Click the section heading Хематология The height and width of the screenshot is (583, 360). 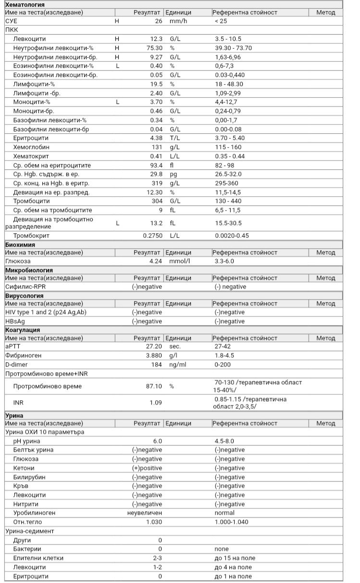pos(25,4)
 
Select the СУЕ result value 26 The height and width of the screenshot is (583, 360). pos(158,21)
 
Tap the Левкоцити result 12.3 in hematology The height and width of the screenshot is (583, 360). pos(156,39)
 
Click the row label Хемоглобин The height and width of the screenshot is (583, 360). pos(31,147)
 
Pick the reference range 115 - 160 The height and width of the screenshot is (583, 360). pos(228,147)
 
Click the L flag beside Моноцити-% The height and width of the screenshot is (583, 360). pos(117,102)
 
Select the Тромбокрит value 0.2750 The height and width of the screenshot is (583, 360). pos(152,236)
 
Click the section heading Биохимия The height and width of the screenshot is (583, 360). pos(20,245)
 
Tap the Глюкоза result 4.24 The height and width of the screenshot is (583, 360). pos(155,261)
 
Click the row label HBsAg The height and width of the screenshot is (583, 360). pos(16,321)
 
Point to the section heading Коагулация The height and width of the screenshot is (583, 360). pos(22,330)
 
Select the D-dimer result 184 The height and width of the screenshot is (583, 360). pos(156,364)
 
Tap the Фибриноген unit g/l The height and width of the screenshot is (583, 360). pos(174,355)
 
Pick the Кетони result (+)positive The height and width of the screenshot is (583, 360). pos(147,468)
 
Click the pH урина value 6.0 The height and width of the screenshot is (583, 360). pos(157,441)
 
